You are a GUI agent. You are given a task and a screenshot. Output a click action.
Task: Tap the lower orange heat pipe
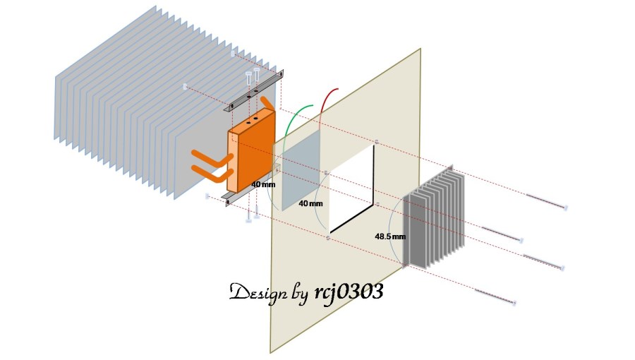coord(208,172)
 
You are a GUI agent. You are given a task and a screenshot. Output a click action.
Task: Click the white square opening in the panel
coord(349,187)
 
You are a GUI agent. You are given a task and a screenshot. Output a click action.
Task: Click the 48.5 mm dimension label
coord(390,236)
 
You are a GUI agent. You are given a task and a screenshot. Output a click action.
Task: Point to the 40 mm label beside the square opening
coord(310,203)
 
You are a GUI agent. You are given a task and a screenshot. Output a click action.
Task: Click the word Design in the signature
coord(257,292)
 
